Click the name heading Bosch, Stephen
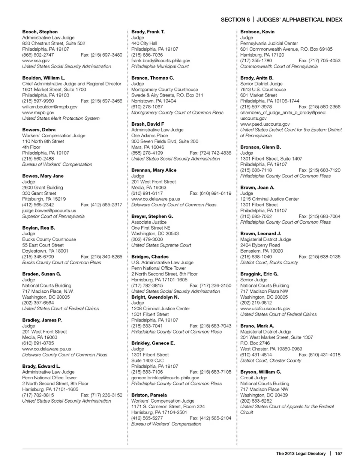click(x=40, y=32)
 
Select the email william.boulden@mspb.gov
click(x=50, y=107)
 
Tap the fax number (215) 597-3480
click(x=101, y=55)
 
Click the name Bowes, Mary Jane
click(x=43, y=176)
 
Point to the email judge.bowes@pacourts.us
click(x=49, y=210)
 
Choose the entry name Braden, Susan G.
click(x=42, y=274)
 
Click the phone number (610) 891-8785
click(x=38, y=343)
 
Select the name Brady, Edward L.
click(x=41, y=366)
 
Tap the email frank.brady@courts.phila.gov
click(x=160, y=60)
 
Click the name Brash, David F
click(x=148, y=124)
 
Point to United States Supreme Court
click(x=161, y=245)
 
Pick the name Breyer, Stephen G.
click(x=152, y=216)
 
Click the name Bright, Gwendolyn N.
click(x=155, y=297)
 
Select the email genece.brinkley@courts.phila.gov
click(x=165, y=378)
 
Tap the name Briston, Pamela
click(x=149, y=395)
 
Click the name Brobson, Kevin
click(x=257, y=32)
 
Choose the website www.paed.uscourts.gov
click(x=265, y=124)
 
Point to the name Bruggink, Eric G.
click(x=259, y=274)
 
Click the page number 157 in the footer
click(x=339, y=454)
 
